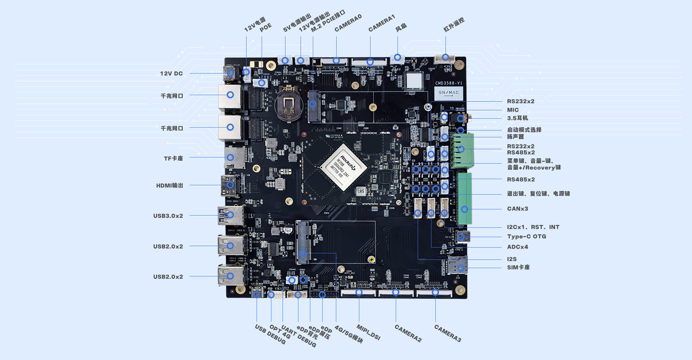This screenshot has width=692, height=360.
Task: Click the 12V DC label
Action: tap(171, 74)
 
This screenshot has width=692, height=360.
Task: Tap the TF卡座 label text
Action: tap(173, 158)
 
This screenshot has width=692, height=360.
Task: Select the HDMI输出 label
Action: tap(169, 185)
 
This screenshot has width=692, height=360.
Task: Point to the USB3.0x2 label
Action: tap(168, 216)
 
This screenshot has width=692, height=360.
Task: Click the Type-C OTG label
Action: tap(527, 236)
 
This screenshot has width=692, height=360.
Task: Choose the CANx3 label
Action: tap(517, 209)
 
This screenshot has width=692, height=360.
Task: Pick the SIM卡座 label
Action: tap(518, 267)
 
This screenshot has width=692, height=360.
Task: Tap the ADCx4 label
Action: tap(517, 247)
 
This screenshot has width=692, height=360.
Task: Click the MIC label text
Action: tap(513, 110)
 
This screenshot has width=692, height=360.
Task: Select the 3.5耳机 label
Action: tap(517, 118)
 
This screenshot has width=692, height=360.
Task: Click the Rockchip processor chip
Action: tap(343, 167)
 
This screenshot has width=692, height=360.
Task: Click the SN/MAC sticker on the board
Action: tap(448, 93)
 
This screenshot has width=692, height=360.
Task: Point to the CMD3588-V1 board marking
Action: tap(448, 83)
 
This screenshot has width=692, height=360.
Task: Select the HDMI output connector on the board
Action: tap(230, 185)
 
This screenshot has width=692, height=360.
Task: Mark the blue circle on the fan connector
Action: tap(397, 57)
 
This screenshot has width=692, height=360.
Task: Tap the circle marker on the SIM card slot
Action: tap(461, 268)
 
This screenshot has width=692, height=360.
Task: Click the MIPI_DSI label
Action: tap(368, 332)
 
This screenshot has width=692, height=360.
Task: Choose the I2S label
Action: tap(511, 259)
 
